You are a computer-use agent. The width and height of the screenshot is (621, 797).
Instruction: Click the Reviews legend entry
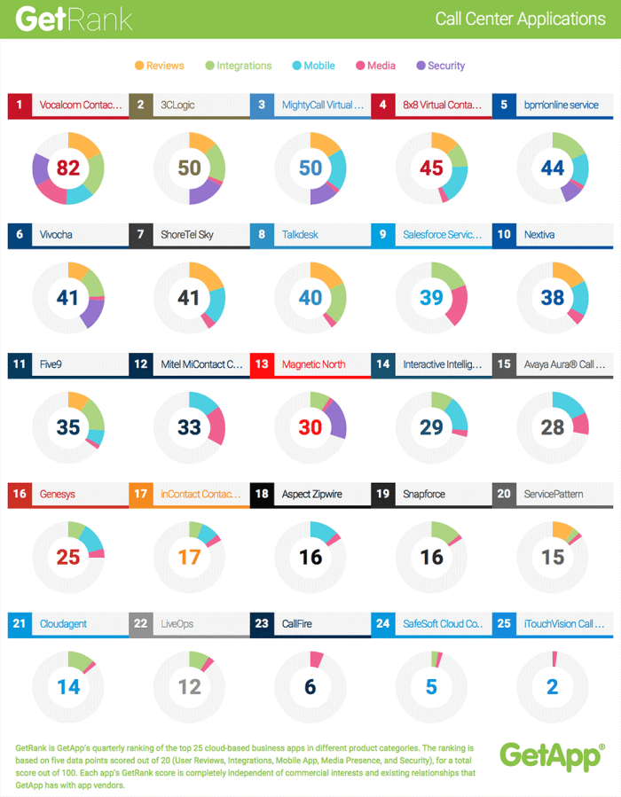pos(160,66)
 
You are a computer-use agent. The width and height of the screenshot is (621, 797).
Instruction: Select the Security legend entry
pos(441,66)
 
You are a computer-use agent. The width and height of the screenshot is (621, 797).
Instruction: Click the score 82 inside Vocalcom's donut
pos(68,168)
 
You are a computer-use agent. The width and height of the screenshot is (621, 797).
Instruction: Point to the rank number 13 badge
pos(261,364)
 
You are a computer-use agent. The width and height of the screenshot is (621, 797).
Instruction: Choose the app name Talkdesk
pos(301,235)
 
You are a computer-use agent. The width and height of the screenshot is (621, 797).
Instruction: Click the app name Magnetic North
pos(313,364)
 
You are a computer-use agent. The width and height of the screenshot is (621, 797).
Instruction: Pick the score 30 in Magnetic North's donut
pos(310,427)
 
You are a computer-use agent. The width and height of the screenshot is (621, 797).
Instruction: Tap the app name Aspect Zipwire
pos(311,494)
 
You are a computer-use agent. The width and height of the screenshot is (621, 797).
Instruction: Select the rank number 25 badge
pos(503,624)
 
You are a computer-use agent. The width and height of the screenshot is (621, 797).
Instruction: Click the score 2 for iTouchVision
pos(553,687)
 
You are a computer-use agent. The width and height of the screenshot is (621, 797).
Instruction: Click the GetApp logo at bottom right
pos(551,755)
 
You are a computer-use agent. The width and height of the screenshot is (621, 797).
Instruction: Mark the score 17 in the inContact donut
pos(189,558)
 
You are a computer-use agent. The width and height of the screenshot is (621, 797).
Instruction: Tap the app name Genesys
pos(58,494)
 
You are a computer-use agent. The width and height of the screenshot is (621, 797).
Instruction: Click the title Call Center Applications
pos(520,19)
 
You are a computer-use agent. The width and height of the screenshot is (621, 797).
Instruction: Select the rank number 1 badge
pos(19,105)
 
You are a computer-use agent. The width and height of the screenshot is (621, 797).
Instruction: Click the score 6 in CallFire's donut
pos(310,687)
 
